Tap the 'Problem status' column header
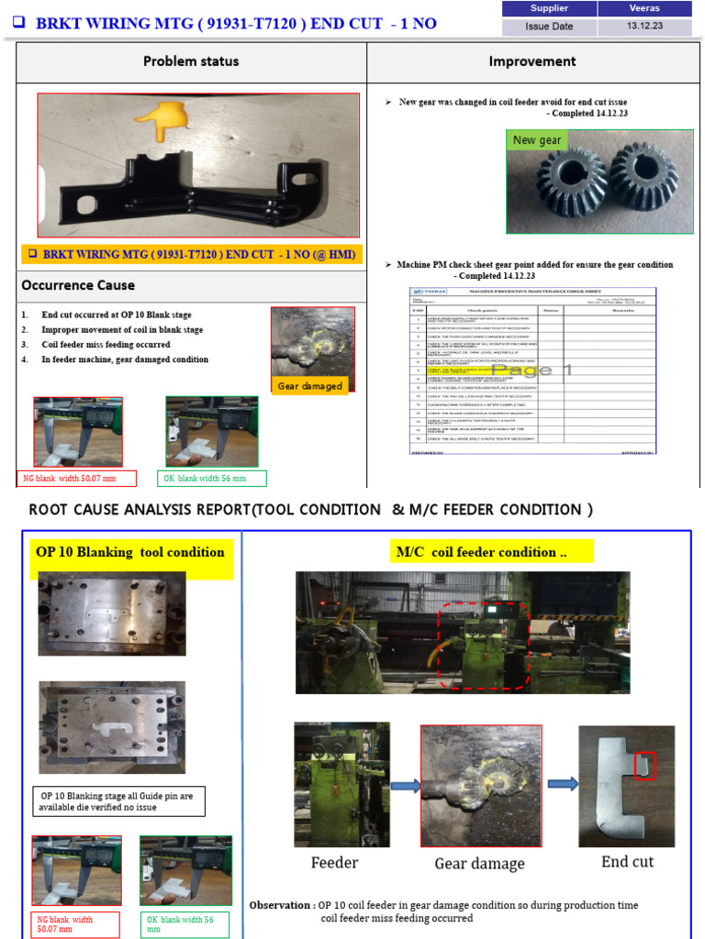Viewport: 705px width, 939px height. point(191,61)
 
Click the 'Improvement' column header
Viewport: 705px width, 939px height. point(532,61)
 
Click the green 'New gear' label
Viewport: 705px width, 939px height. point(537,140)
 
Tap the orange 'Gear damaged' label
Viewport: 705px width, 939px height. point(310,386)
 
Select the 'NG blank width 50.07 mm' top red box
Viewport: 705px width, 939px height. point(78,478)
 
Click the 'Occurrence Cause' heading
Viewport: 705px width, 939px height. point(78,285)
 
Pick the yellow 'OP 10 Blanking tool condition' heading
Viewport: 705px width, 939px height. point(129,552)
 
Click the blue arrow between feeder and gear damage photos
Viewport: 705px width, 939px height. point(403,785)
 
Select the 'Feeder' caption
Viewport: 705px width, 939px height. point(334,862)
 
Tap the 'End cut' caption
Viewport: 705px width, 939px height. point(627,861)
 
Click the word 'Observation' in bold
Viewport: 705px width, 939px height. point(280,905)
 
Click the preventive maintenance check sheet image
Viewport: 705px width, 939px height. point(532,370)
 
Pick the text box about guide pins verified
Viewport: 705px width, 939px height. point(118,801)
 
